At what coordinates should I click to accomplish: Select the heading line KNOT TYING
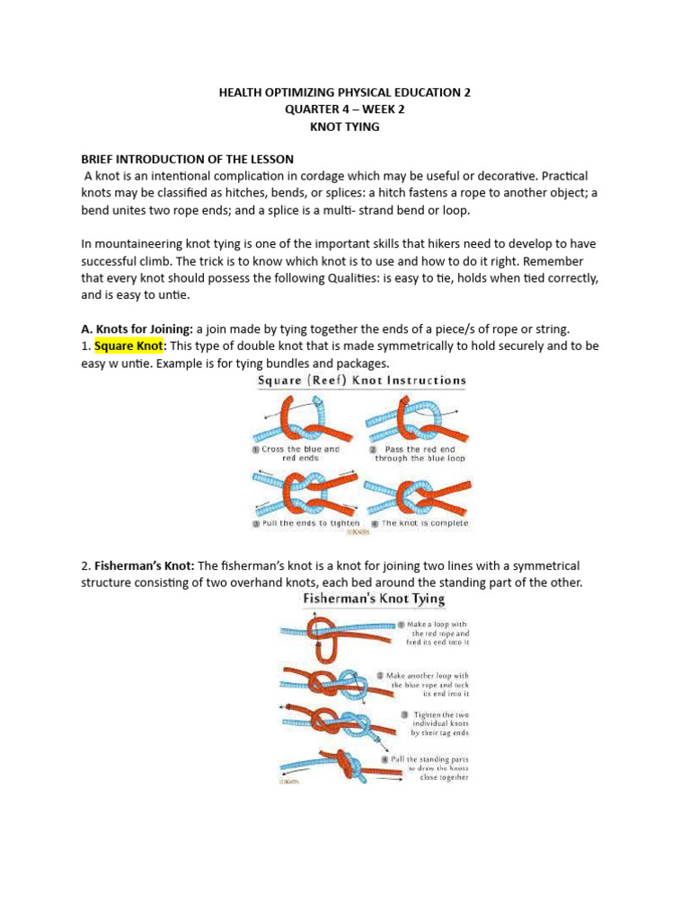click(x=345, y=127)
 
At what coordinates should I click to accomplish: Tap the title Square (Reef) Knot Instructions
click(x=362, y=381)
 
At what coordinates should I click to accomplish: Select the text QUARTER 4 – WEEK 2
click(x=345, y=109)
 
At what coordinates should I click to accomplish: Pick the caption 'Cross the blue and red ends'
click(x=302, y=453)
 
